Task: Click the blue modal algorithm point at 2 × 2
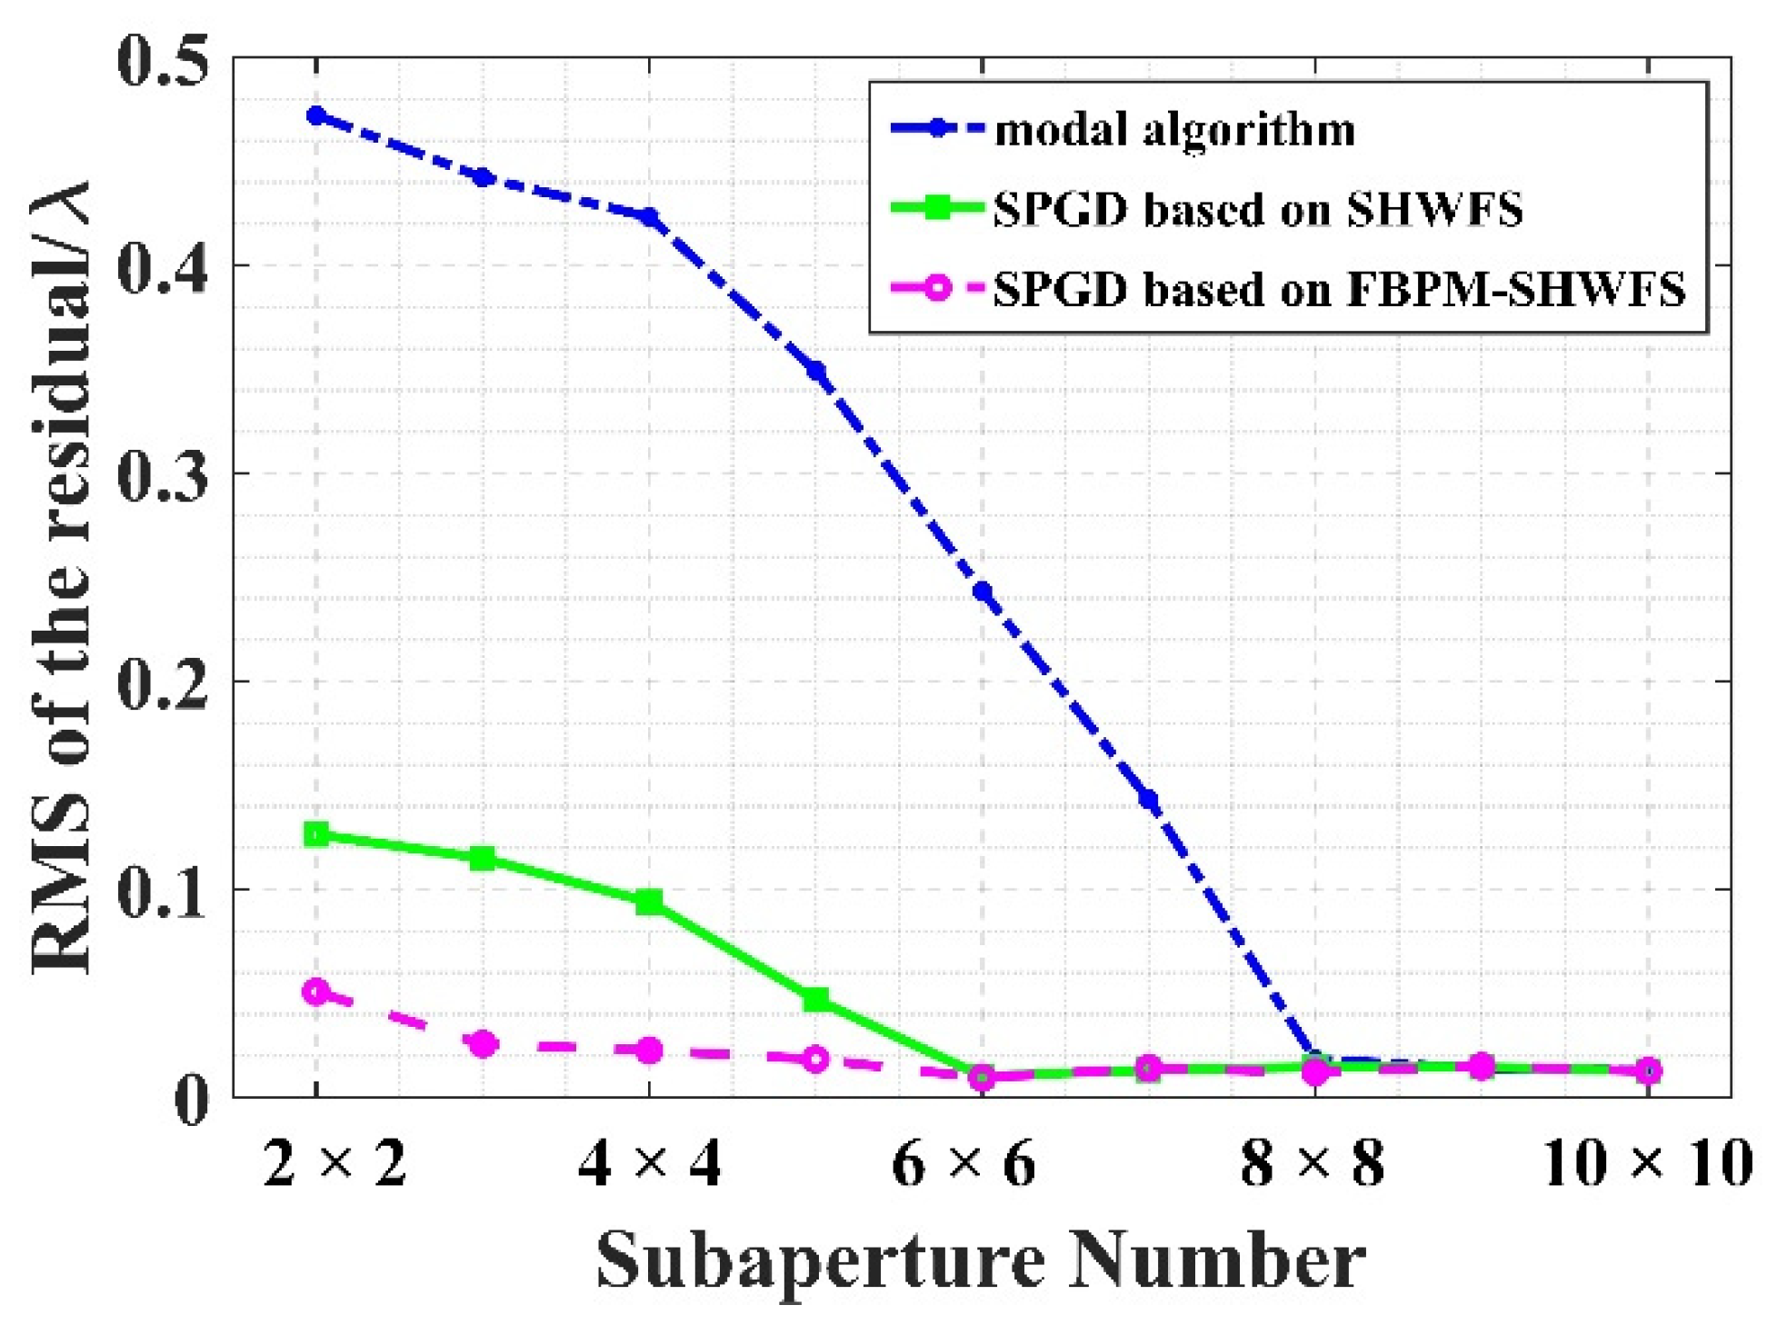click(x=316, y=115)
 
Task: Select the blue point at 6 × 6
click(x=982, y=593)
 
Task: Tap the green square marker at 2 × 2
click(x=316, y=833)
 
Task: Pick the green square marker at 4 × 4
click(x=649, y=902)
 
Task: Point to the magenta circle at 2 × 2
click(x=316, y=991)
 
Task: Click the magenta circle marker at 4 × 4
click(x=649, y=1051)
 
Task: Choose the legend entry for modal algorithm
click(x=1174, y=130)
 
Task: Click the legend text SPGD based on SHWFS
click(x=1257, y=209)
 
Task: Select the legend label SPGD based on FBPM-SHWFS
click(x=1338, y=289)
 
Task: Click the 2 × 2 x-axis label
click(x=334, y=1163)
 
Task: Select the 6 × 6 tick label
click(x=963, y=1163)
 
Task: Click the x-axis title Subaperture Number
click(x=980, y=1259)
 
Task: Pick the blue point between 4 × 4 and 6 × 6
click(x=815, y=371)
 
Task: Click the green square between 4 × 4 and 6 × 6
click(x=815, y=1000)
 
